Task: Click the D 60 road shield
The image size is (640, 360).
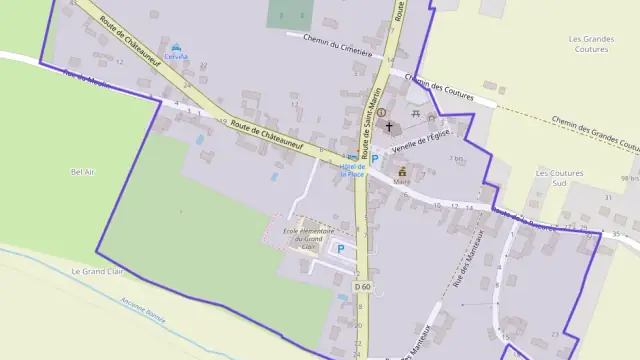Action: click(362, 286)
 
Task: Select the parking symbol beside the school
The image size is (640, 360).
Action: click(340, 249)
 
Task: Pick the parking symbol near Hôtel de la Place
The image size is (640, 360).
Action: click(375, 158)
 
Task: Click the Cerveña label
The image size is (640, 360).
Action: click(177, 57)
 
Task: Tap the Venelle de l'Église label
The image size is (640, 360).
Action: click(417, 144)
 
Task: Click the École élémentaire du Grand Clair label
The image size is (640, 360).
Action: click(302, 235)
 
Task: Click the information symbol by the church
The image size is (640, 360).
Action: click(380, 113)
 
